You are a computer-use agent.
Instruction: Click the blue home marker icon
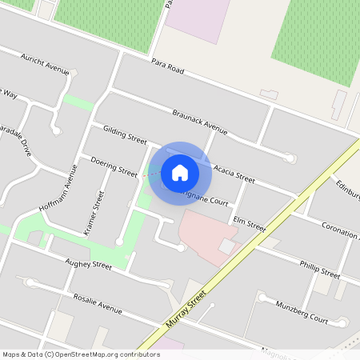(180, 172)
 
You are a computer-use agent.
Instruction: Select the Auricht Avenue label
(46, 63)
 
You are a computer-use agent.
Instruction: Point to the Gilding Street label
(119, 133)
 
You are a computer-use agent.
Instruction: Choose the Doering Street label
(114, 165)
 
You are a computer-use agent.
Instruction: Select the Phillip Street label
(319, 269)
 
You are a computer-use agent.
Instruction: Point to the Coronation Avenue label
(340, 231)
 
